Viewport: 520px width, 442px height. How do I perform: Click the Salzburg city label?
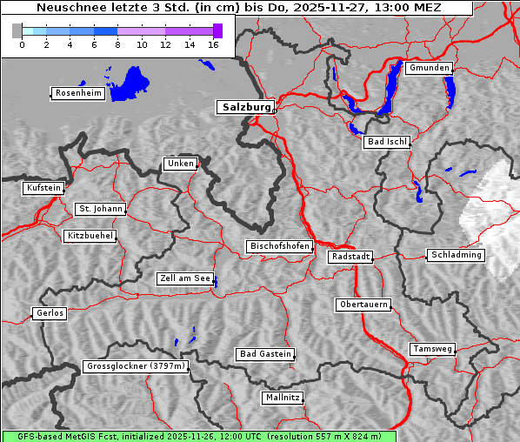pyautogui.click(x=245, y=107)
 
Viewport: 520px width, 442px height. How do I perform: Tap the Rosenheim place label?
pyautogui.click(x=77, y=93)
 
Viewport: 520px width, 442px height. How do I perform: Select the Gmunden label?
pyautogui.click(x=429, y=68)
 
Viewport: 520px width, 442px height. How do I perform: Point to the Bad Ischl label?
pyautogui.click(x=387, y=142)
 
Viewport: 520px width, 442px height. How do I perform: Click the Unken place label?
pyautogui.click(x=180, y=164)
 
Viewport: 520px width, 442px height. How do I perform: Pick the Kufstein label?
pyautogui.click(x=43, y=188)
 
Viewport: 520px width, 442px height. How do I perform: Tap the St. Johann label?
pyautogui.click(x=101, y=209)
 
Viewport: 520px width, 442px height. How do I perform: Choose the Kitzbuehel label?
pyautogui.click(x=90, y=236)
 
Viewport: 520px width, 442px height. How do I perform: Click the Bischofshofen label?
pyautogui.click(x=280, y=247)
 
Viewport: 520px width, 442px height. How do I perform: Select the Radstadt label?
pyautogui.click(x=350, y=257)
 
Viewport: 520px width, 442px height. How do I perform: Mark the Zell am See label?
pyautogui.click(x=185, y=279)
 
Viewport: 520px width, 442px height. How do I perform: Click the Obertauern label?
pyautogui.click(x=363, y=305)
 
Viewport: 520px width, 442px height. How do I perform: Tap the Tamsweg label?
pyautogui.click(x=432, y=349)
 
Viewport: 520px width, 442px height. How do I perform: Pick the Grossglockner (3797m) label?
pyautogui.click(x=136, y=367)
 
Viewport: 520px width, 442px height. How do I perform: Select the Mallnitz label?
pyautogui.click(x=283, y=398)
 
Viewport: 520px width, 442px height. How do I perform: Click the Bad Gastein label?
pyautogui.click(x=265, y=354)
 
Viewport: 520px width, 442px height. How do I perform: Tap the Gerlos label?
pyautogui.click(x=50, y=313)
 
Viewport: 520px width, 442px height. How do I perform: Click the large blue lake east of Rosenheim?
pyautogui.click(x=129, y=84)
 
